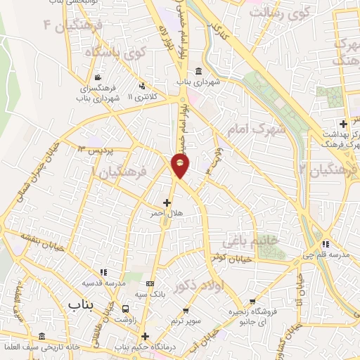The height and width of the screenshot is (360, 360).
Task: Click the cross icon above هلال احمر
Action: coord(166,202)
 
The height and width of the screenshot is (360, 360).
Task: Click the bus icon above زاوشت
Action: coord(126,309)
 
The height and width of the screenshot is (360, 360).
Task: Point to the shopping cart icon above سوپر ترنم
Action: coord(186,310)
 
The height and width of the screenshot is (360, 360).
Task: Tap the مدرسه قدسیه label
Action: coord(104,283)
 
